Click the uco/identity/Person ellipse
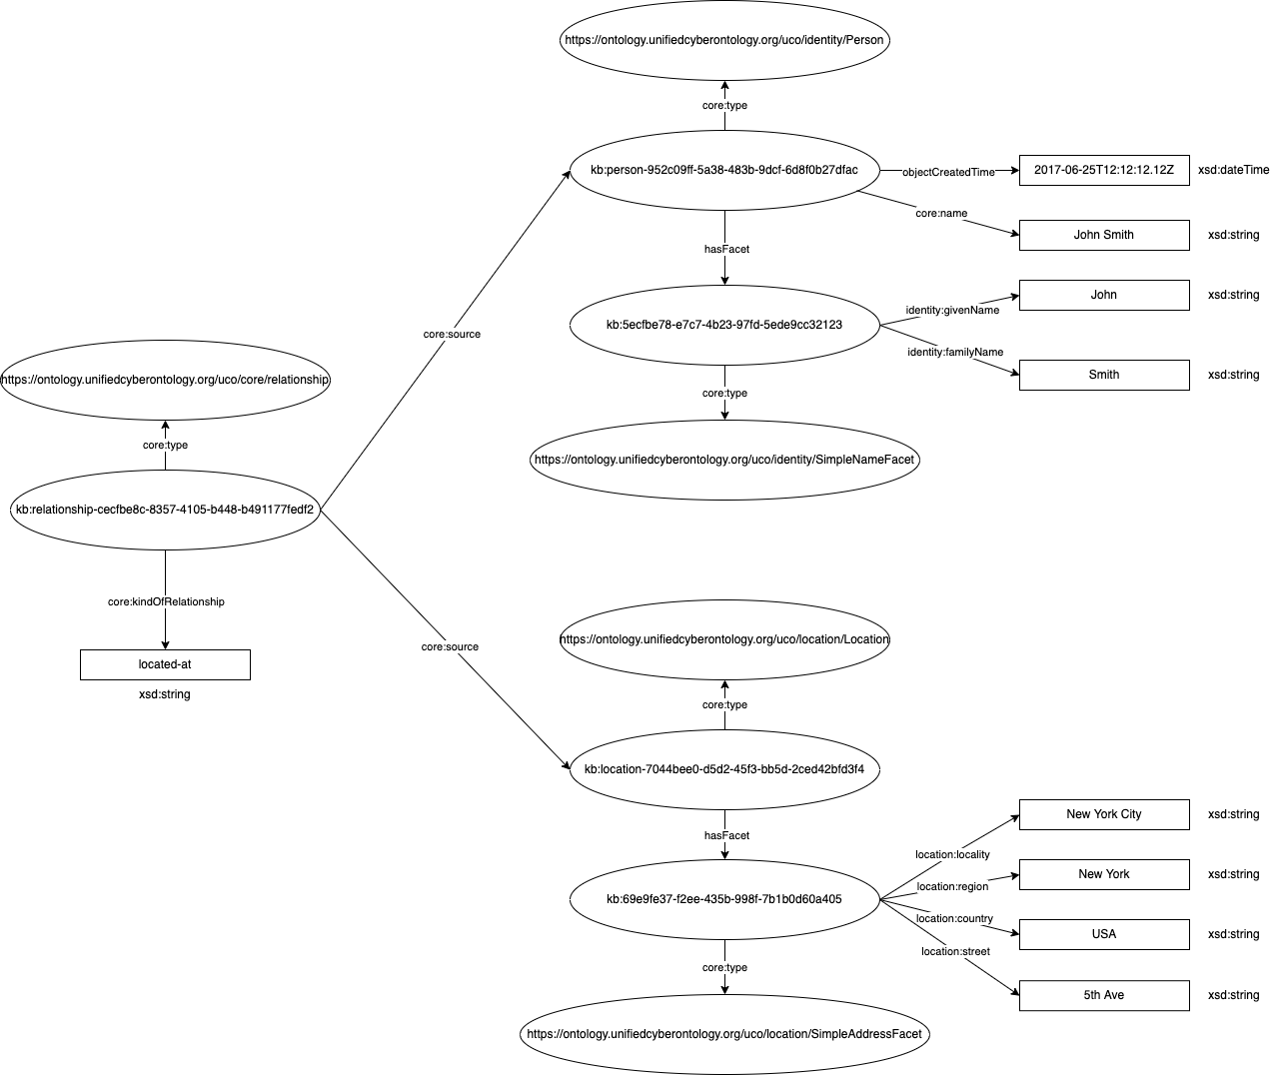[724, 40]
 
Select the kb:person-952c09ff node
[724, 170]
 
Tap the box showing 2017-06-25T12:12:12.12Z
[1104, 170]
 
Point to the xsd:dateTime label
[1233, 170]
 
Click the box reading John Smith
[1104, 235]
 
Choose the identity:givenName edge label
[952, 310]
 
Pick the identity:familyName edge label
[955, 352]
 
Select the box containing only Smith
[1104, 375]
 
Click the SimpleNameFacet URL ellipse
[724, 460]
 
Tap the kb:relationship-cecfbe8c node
[165, 510]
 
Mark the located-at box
[165, 664]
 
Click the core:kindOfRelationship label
[166, 601]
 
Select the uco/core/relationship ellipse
[165, 380]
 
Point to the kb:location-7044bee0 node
[724, 769]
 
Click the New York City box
[1104, 814]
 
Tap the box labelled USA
[1104, 934]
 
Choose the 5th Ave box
[1104, 995]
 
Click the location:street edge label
[955, 951]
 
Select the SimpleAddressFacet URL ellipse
[724, 1034]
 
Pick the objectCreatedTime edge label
[948, 172]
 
